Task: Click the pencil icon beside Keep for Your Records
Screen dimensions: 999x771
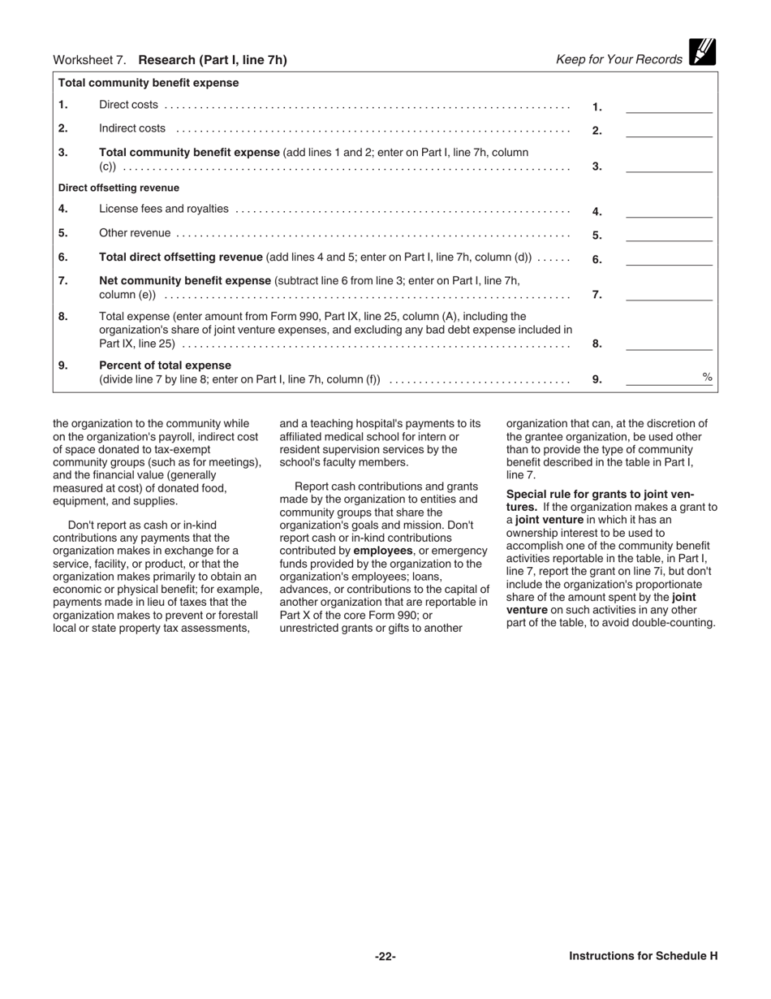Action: click(702, 52)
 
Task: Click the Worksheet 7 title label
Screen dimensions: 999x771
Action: click(170, 59)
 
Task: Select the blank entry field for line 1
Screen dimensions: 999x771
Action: click(668, 106)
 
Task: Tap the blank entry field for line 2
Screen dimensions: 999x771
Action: click(668, 130)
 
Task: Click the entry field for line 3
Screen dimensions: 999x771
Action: click(668, 166)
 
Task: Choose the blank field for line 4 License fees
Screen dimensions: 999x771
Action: click(668, 211)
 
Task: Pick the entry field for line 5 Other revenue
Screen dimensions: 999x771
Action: click(668, 235)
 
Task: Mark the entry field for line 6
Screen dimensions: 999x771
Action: click(668, 259)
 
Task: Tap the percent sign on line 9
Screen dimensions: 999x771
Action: click(707, 377)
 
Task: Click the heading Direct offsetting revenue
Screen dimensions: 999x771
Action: click(118, 188)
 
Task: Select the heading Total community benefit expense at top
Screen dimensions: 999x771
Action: click(149, 83)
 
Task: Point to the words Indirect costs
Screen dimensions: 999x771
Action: click(132, 128)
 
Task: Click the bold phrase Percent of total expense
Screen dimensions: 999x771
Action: click(165, 365)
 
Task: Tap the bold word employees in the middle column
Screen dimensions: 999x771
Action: click(383, 551)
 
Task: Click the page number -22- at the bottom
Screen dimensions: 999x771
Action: click(385, 956)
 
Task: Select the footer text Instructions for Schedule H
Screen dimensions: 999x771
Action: click(643, 956)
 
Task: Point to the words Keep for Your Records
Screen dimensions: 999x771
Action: click(619, 59)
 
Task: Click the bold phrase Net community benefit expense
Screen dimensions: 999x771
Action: click(185, 280)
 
